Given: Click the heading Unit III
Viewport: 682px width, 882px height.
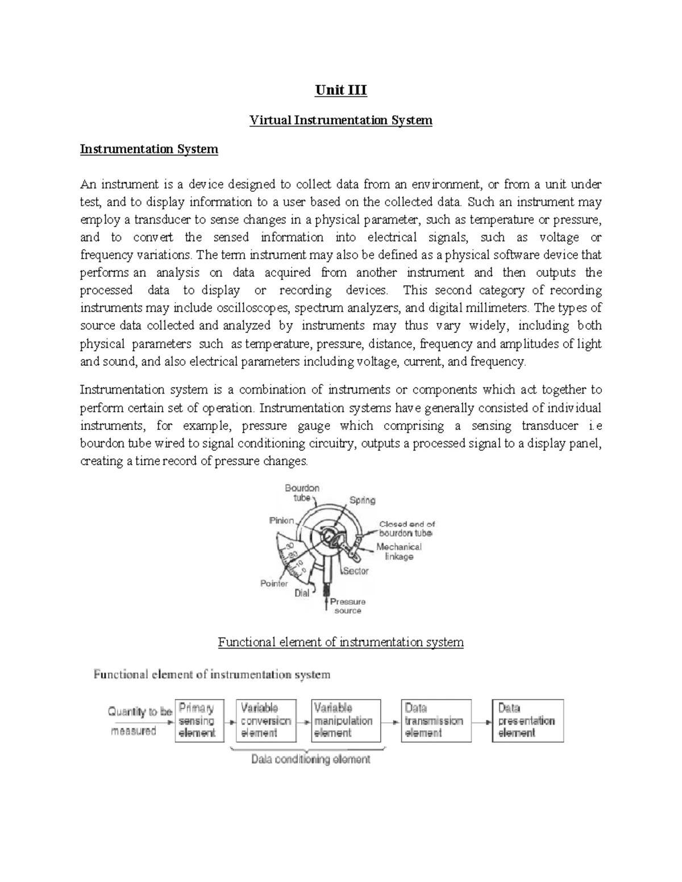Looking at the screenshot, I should coord(341,90).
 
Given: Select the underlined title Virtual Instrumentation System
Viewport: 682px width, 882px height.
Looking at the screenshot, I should coord(341,120).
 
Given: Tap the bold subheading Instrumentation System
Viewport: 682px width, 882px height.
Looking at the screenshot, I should coord(149,149).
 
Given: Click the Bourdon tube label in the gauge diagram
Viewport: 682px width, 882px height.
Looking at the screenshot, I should coord(302,492).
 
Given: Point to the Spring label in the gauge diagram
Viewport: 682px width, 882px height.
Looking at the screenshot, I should coord(362,500).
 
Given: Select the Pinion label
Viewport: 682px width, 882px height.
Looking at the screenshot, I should coord(281,520).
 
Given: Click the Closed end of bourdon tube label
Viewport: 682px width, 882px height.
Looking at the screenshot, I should coord(406,529).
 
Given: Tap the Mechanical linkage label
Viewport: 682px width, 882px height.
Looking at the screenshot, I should coord(399,551).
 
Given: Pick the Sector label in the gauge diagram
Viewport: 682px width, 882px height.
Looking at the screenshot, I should coord(356,571).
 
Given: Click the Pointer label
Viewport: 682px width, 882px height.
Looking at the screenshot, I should coord(274,583).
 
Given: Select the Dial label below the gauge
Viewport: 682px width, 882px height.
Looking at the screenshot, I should coord(302,593).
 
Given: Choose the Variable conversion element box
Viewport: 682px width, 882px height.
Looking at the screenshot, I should coord(266,721).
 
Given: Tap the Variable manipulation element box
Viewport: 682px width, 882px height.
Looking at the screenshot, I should coord(346,721).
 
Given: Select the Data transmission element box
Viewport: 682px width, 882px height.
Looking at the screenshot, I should coord(435,721).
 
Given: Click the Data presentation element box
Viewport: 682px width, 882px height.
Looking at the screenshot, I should coord(527,721).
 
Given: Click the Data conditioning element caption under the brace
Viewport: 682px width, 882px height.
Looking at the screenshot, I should coord(311,759).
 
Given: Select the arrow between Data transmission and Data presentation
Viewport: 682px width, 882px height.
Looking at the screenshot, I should coord(481,722).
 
